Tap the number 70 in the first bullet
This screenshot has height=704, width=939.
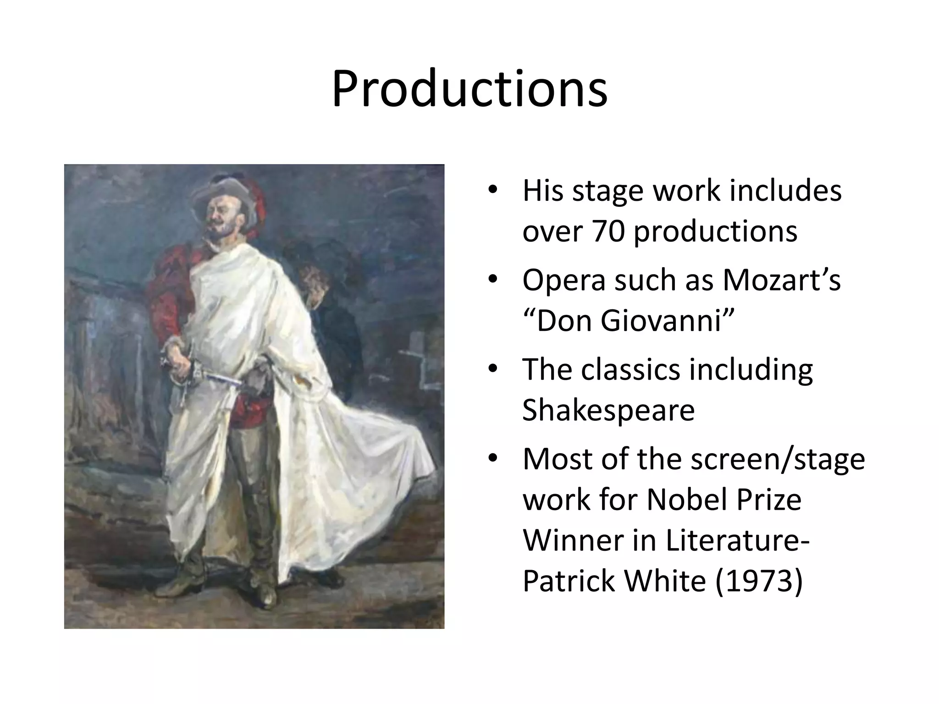[608, 231]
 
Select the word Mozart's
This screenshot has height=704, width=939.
[781, 280]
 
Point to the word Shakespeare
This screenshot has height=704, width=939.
[608, 410]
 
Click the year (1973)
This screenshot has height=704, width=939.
[759, 581]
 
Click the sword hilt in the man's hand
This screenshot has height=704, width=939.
[183, 367]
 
